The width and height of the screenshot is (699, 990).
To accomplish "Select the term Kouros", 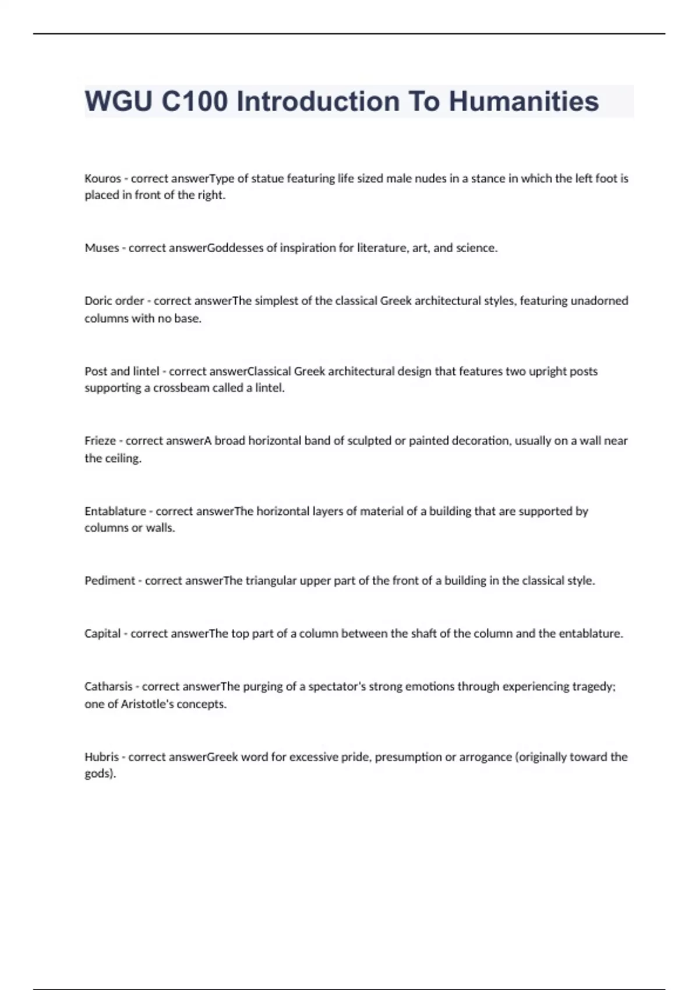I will (103, 178).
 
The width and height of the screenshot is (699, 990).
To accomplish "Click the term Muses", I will (102, 248).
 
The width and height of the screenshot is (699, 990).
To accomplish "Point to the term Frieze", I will (100, 441).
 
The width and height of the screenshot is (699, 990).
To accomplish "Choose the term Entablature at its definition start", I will (115, 511).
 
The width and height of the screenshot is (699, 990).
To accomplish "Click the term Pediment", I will (110, 581).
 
